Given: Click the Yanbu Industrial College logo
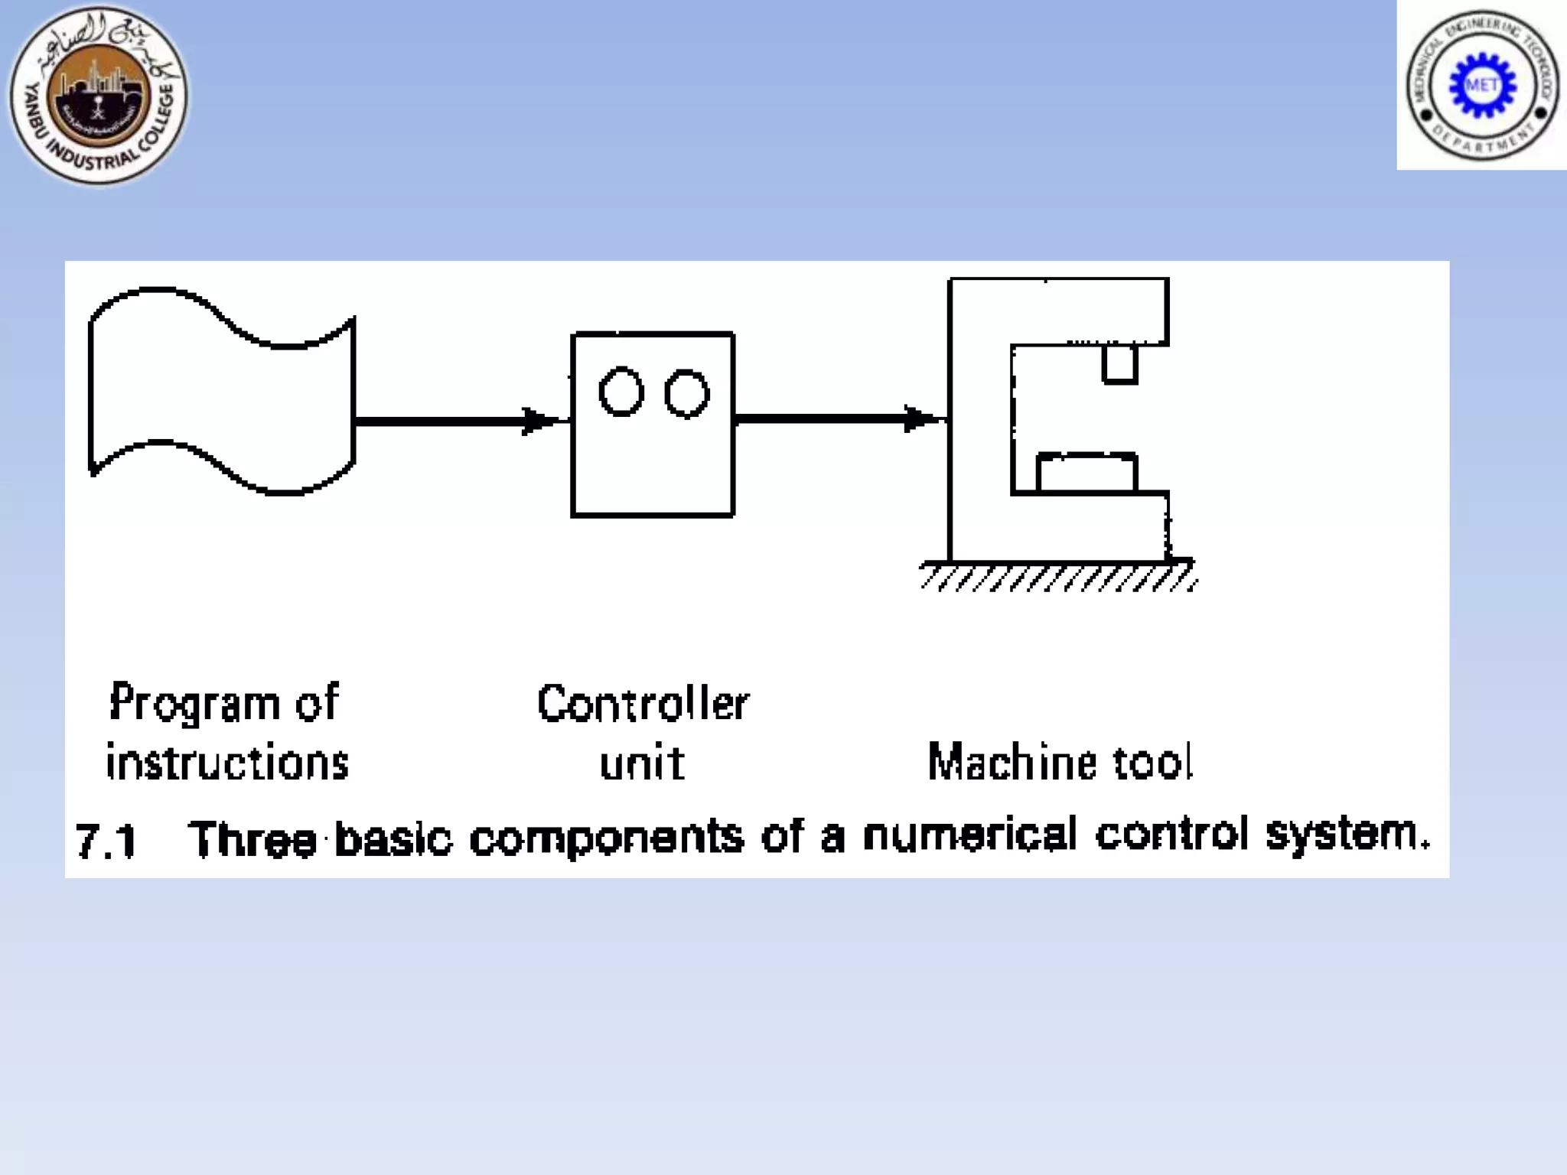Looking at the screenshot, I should click(x=98, y=95).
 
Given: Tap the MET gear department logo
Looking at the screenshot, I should click(x=1482, y=85).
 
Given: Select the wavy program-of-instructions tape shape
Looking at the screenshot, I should click(x=221, y=392).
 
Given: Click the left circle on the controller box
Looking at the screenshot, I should click(x=621, y=392).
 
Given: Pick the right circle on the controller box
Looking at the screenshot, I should click(x=686, y=394).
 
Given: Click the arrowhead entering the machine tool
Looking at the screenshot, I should click(x=923, y=418).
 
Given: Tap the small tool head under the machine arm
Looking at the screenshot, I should click(x=1119, y=364).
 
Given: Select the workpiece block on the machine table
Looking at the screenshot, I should click(x=1086, y=473).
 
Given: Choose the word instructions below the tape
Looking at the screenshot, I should click(x=227, y=763).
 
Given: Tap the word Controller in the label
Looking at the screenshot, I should click(x=643, y=703).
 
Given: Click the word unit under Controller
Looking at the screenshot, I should click(x=642, y=763).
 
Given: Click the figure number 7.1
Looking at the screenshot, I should click(x=106, y=841).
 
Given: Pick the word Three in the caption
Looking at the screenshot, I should click(x=252, y=839).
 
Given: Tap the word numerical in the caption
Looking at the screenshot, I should click(x=969, y=835).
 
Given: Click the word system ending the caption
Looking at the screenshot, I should click(x=1344, y=835).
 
